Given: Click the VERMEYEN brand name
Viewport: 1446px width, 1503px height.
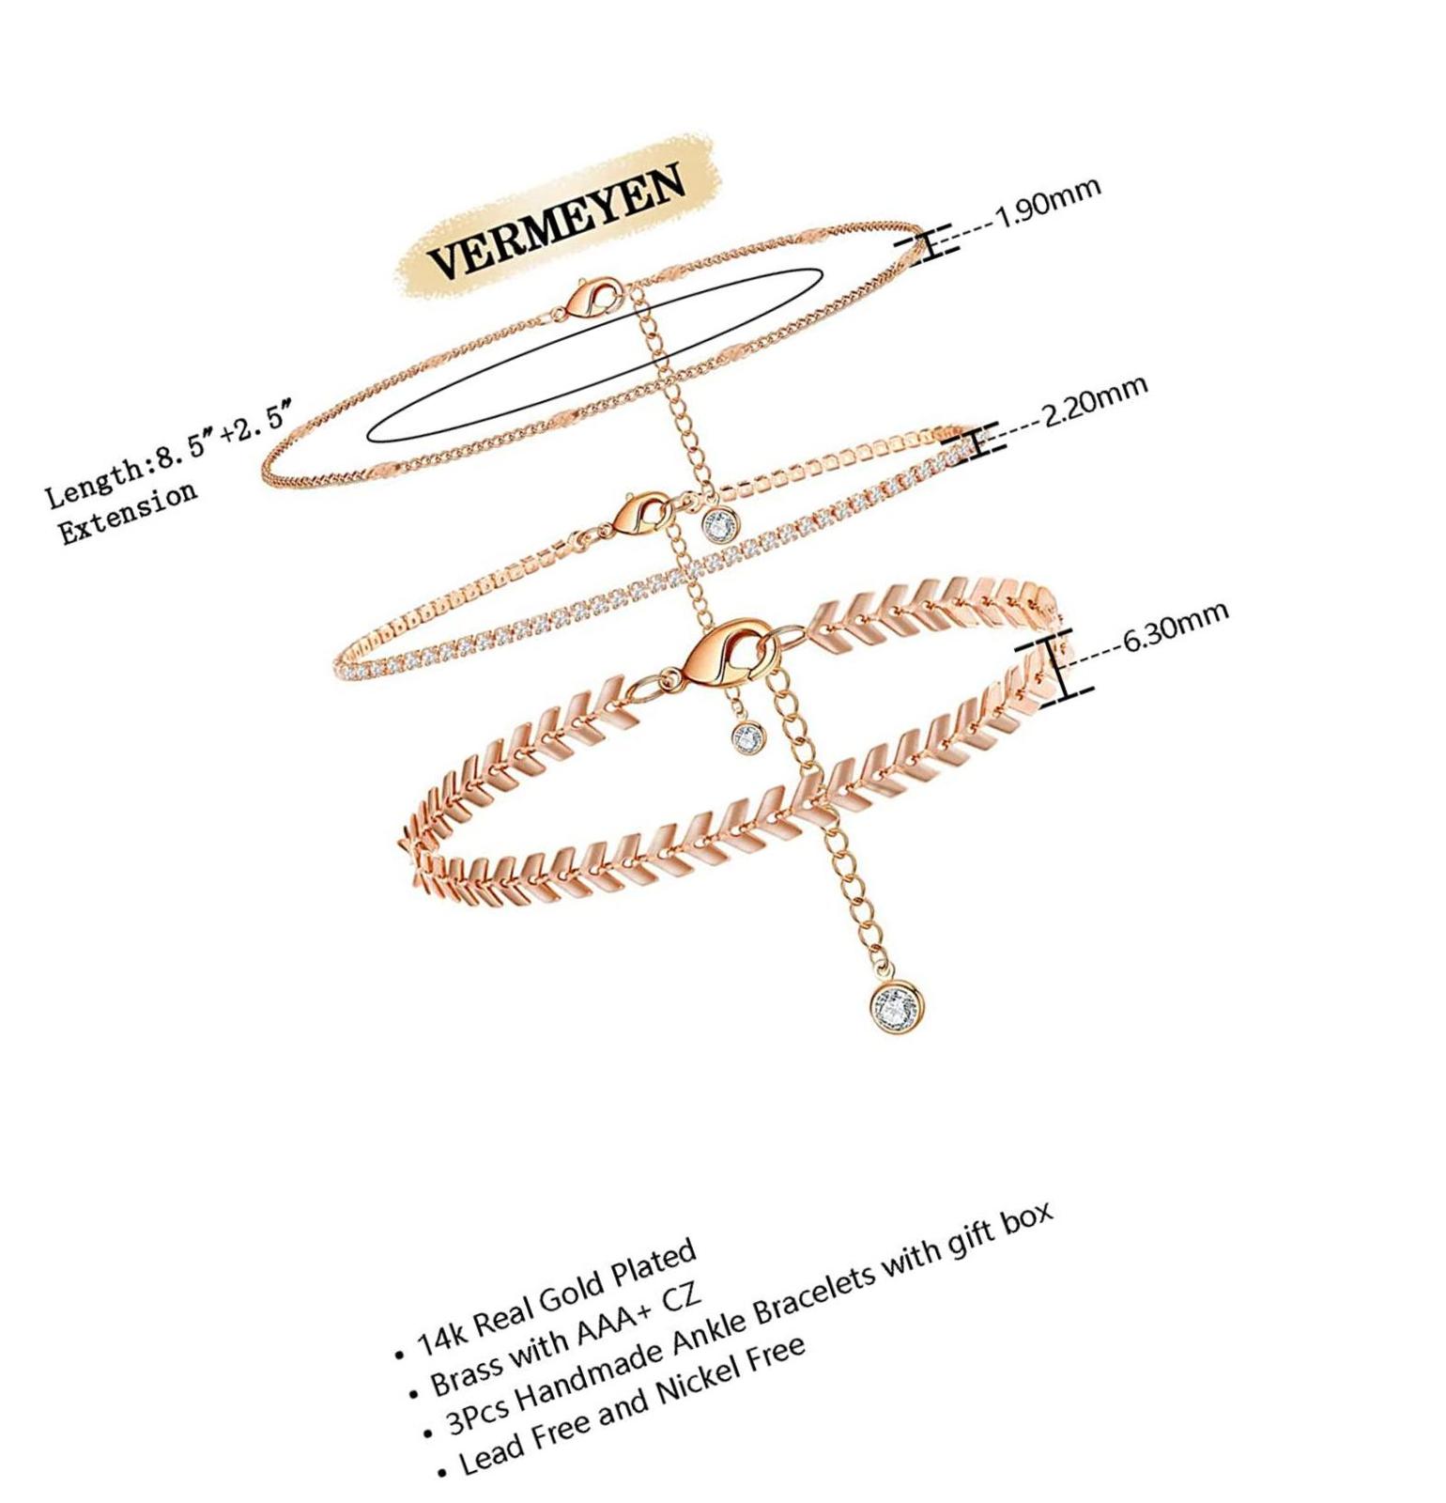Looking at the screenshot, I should [x=556, y=220].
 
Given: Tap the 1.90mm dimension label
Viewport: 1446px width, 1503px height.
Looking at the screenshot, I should [x=1046, y=203].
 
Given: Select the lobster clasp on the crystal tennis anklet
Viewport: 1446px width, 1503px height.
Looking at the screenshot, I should [x=642, y=513].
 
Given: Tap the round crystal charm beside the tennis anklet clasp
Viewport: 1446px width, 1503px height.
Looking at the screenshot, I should [x=720, y=523].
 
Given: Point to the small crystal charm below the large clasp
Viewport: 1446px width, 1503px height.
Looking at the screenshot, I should [x=748, y=736].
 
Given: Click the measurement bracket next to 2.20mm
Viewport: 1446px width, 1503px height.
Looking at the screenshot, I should [x=977, y=442].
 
